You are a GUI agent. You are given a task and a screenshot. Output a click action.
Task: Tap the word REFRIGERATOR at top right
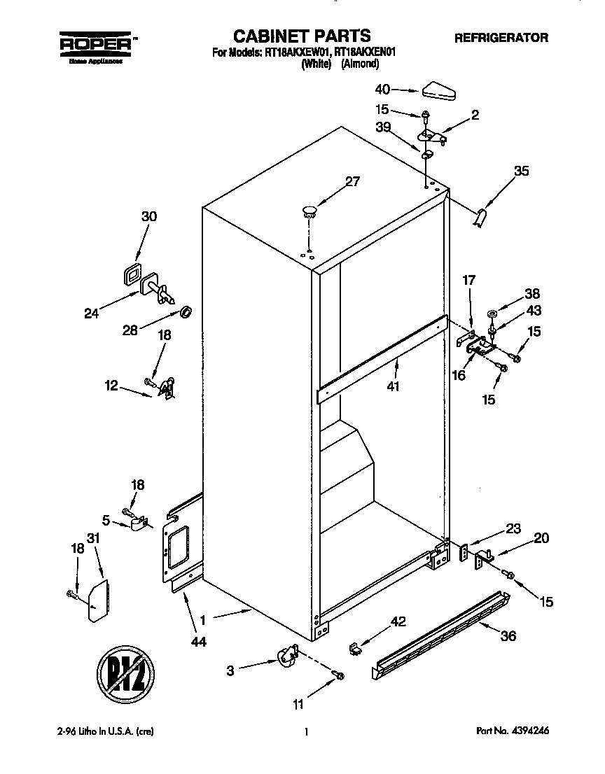501,38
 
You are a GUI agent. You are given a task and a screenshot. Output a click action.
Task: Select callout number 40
382,90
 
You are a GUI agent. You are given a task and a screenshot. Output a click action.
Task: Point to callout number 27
352,182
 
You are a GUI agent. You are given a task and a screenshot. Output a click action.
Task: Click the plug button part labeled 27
310,209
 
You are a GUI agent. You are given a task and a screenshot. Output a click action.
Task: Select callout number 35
521,170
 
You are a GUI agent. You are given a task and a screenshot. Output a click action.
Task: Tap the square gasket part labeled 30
130,275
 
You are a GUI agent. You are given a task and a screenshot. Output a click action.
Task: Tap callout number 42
398,622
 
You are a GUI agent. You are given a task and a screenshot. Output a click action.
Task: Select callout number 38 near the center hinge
534,295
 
